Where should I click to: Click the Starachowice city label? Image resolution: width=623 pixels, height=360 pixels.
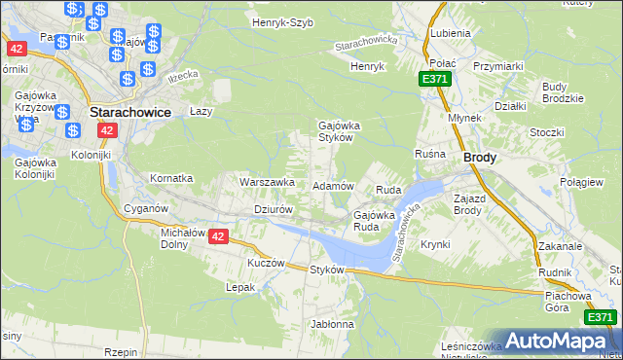coord(130,112)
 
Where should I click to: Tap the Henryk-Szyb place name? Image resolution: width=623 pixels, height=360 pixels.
coord(282,21)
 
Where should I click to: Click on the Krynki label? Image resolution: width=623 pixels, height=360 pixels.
coord(435,244)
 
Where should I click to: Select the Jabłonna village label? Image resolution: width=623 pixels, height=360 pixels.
coord(332,323)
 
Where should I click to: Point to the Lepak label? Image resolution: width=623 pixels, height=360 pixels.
coord(240,287)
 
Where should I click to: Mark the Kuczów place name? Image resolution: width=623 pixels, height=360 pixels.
coord(265,263)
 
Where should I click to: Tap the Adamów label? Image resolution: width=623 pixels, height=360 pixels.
coord(331,185)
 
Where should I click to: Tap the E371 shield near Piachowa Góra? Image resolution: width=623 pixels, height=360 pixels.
coord(600,317)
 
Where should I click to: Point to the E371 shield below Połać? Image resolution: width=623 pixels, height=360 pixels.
coord(435,78)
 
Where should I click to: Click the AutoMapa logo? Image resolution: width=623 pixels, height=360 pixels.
coord(558,341)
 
